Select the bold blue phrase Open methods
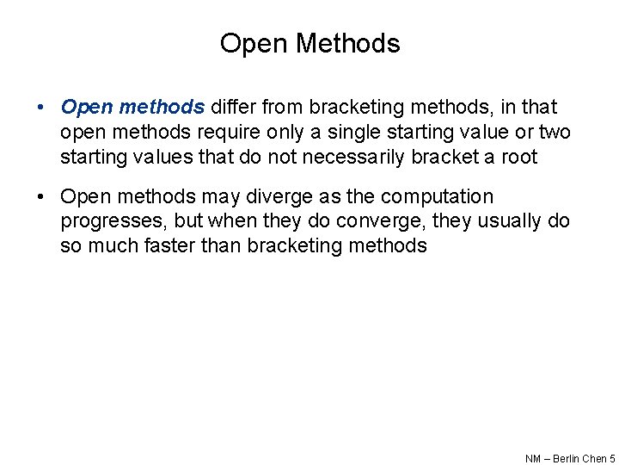pyautogui.click(x=132, y=108)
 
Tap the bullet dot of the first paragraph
pyautogui.click(x=40, y=108)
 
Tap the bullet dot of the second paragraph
pyautogui.click(x=40, y=197)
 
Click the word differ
pyautogui.click(x=233, y=108)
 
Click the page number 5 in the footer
pyautogui.click(x=612, y=459)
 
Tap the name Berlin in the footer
pyautogui.click(x=566, y=459)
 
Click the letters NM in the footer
pyautogui.click(x=533, y=459)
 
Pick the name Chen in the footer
pyautogui.click(x=595, y=459)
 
